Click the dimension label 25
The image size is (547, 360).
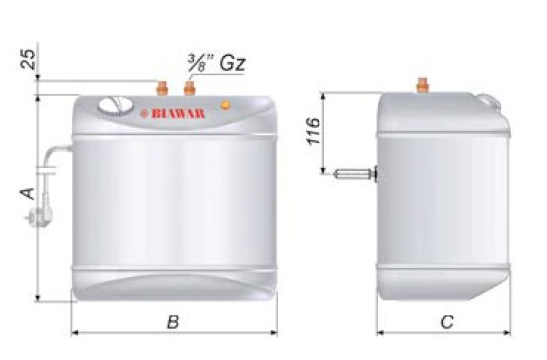point(28,59)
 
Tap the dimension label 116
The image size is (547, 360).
point(313,132)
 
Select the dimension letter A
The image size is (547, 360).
point(28,194)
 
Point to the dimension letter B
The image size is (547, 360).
point(173,321)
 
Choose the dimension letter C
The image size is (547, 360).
point(447,321)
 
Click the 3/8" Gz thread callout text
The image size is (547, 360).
point(217,63)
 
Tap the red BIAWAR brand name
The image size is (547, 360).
point(178,114)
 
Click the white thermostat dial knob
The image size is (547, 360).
point(115,106)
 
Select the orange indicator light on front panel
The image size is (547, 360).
point(226,105)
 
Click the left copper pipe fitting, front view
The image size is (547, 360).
point(162,88)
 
